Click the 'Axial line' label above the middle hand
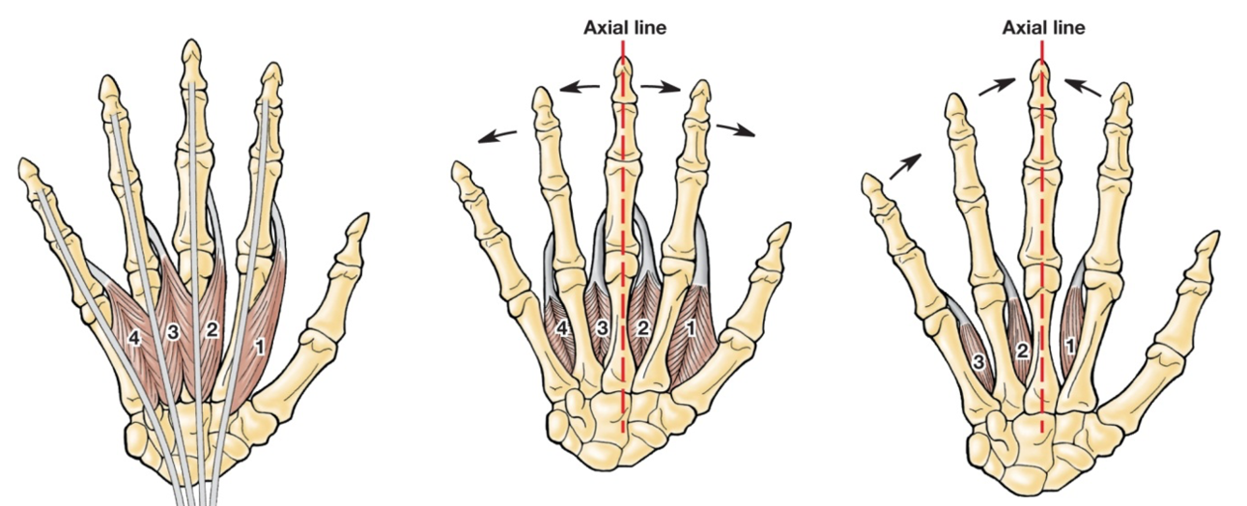(x=624, y=27)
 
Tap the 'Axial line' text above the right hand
(x=1043, y=27)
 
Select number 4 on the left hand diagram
(x=135, y=339)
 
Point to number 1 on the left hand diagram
(x=260, y=346)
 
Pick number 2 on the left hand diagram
(x=212, y=330)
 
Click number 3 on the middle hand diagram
(x=603, y=328)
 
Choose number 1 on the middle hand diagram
(x=692, y=328)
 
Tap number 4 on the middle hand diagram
(x=562, y=328)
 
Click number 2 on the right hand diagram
(x=1023, y=351)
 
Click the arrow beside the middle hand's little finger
(x=496, y=136)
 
